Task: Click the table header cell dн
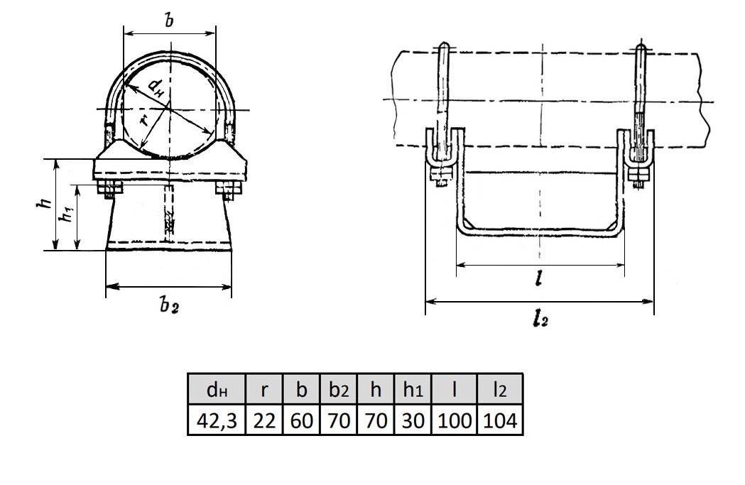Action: click(217, 390)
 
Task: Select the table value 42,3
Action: click(217, 420)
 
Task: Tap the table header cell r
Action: click(264, 390)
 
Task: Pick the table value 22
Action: click(264, 420)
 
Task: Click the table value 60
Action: click(301, 420)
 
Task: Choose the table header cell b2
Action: click(339, 390)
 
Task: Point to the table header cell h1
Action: click(413, 390)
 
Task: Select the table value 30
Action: click(413, 420)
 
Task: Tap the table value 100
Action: click(455, 420)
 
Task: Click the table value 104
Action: click(500, 420)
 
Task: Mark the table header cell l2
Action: click(500, 390)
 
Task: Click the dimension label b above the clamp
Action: click(169, 20)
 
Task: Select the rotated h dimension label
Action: click(45, 203)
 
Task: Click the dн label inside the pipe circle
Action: click(156, 88)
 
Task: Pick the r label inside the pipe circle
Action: click(146, 120)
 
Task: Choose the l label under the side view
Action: click(538, 279)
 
